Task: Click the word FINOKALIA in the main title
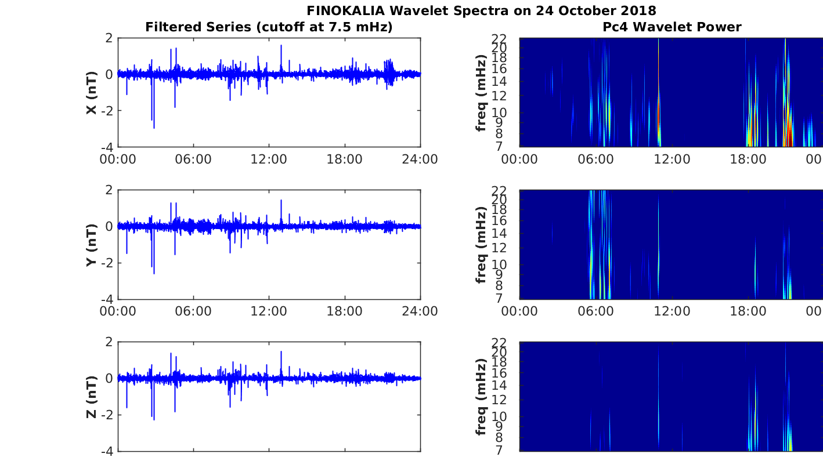[345, 11]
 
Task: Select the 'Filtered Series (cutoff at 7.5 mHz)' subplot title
[269, 27]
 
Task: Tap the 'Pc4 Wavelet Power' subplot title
[672, 27]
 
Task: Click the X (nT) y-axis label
[92, 92]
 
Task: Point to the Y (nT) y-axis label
[92, 245]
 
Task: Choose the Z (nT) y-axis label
[92, 397]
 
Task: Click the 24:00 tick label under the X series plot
[420, 159]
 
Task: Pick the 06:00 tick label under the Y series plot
[193, 311]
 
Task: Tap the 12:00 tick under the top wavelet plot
[672, 159]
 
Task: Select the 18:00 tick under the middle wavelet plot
[748, 311]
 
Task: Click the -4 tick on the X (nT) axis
[107, 147]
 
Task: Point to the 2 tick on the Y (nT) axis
[109, 190]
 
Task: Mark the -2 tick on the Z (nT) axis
[107, 415]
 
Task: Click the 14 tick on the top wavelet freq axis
[499, 82]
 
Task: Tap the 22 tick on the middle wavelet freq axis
[499, 191]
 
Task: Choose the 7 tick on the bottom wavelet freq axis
[499, 451]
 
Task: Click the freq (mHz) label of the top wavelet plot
[481, 93]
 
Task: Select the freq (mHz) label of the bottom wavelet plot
[481, 397]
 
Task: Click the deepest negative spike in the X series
[154, 128]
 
